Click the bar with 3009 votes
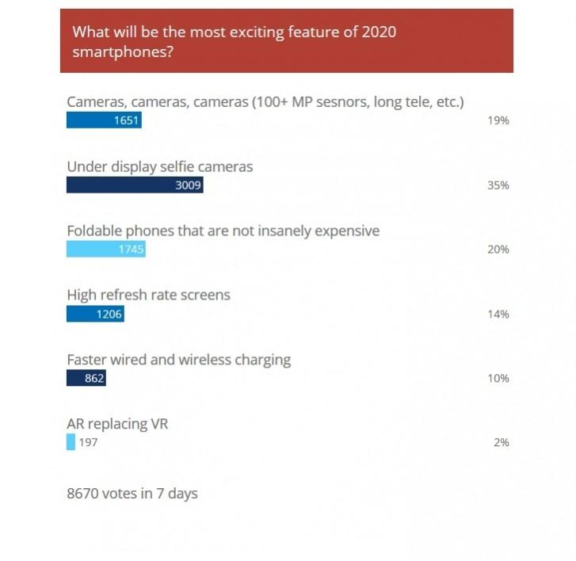tap(135, 185)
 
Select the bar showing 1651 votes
tap(104, 120)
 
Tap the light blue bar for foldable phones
tap(106, 250)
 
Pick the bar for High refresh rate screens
tap(95, 314)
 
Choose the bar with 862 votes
tap(86, 379)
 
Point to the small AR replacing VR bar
tap(71, 442)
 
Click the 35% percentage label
tap(498, 185)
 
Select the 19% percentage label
tap(498, 120)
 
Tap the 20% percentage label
tap(498, 250)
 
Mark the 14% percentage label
tap(498, 314)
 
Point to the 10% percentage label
tap(498, 379)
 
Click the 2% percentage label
tap(501, 442)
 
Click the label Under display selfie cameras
tap(160, 166)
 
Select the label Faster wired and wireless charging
tap(178, 360)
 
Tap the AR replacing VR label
tap(117, 424)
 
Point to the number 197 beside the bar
tap(88, 442)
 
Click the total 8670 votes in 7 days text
tap(132, 494)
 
